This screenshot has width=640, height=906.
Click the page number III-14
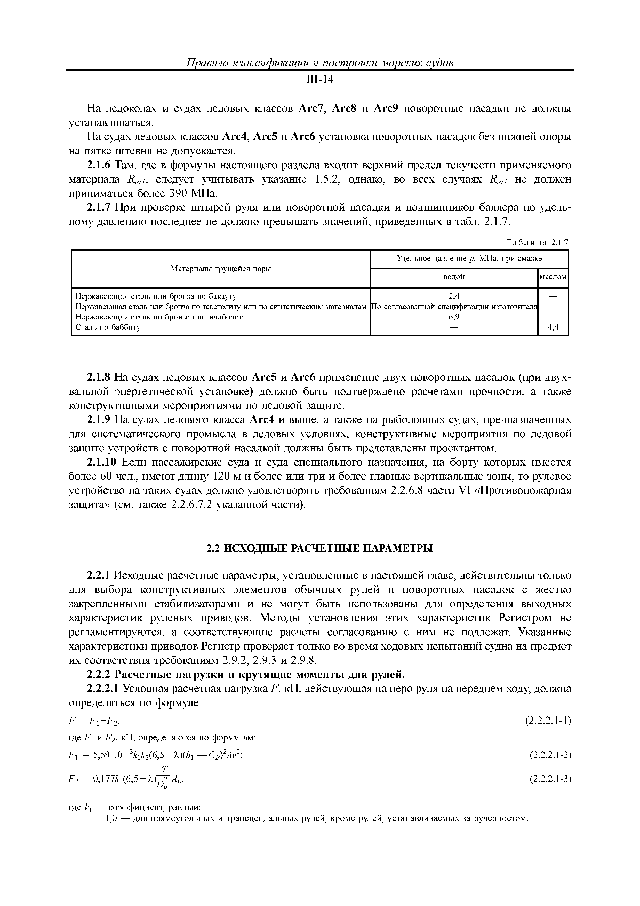320,80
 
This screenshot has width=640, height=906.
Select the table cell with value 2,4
454,296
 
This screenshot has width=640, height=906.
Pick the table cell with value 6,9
454,317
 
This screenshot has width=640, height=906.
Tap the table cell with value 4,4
553,327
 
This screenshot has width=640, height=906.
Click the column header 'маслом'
553,277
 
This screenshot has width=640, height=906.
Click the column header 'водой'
454,277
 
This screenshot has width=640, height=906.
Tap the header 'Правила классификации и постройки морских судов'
320,63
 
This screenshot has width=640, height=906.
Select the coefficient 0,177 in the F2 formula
105,779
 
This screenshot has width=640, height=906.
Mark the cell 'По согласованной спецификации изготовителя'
454,307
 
